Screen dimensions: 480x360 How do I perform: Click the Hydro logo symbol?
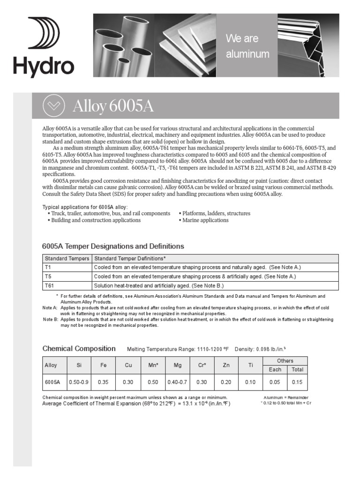(x=44, y=33)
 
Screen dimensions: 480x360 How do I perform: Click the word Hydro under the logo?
(x=44, y=67)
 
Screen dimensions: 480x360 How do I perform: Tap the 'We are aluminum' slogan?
(x=247, y=46)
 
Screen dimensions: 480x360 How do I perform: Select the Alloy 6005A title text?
(x=113, y=106)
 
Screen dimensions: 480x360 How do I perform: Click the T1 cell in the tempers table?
(x=67, y=267)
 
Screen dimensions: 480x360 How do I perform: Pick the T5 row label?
(x=67, y=277)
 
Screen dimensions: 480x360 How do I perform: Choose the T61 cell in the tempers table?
(x=67, y=285)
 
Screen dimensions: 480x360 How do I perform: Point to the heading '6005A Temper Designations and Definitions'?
(x=113, y=246)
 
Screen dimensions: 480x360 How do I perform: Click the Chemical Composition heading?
(x=79, y=348)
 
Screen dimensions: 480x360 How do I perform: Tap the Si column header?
(x=79, y=365)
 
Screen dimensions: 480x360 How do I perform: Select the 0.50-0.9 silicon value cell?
(x=79, y=382)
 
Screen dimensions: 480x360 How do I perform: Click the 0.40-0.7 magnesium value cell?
(x=177, y=382)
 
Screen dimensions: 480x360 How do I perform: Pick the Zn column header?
(x=226, y=365)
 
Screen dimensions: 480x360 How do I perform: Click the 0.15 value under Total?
(x=297, y=382)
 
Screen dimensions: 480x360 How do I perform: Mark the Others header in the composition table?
(x=285, y=360)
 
